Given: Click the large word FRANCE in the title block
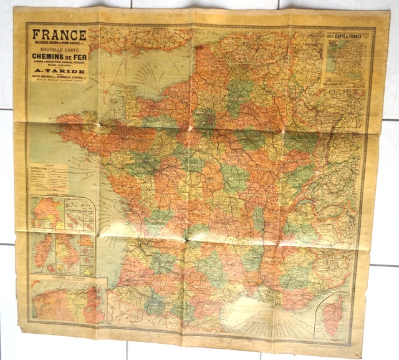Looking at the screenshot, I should pyautogui.click(x=60, y=35).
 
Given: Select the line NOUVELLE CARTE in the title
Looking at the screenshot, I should pyautogui.click(x=59, y=52).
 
